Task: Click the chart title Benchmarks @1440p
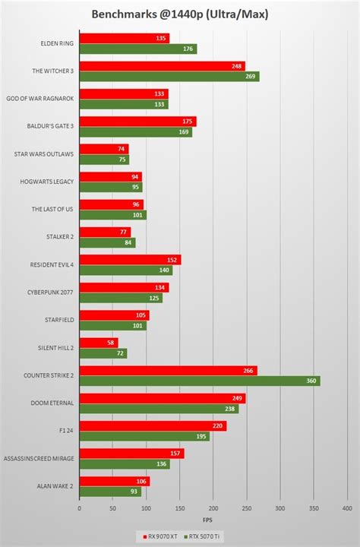(180, 14)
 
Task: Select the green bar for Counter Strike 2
(199, 381)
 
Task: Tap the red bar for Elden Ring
(124, 38)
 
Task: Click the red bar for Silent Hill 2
(98, 343)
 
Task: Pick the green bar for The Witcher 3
(169, 77)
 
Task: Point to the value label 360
(310, 381)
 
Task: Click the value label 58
(111, 343)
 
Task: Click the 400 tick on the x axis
(346, 508)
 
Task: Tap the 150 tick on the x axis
(179, 508)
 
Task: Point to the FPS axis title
(213, 520)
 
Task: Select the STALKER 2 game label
(59, 237)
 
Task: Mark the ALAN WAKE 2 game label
(56, 486)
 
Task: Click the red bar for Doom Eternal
(162, 398)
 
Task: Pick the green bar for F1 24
(144, 436)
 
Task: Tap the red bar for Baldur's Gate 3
(137, 122)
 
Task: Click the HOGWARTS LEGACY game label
(48, 182)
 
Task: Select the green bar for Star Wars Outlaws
(103, 160)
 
